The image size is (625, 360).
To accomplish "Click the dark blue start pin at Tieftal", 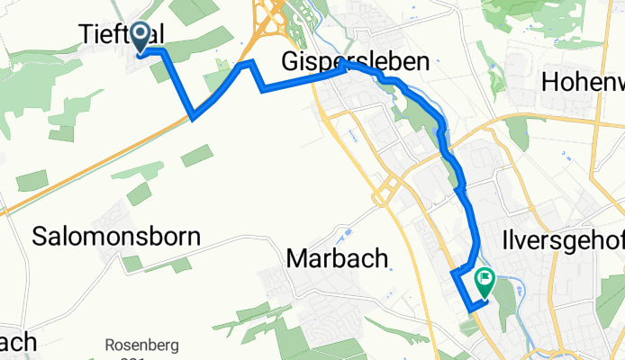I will coord(141,36).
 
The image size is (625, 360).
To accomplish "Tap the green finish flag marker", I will coord(485,283).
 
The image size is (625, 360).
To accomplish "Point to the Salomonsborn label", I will coord(116,237).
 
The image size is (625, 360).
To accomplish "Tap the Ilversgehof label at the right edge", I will coord(559,242).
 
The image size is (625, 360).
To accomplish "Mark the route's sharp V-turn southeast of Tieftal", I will coord(194,117).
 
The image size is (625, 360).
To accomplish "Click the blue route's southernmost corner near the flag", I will coord(470,309).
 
